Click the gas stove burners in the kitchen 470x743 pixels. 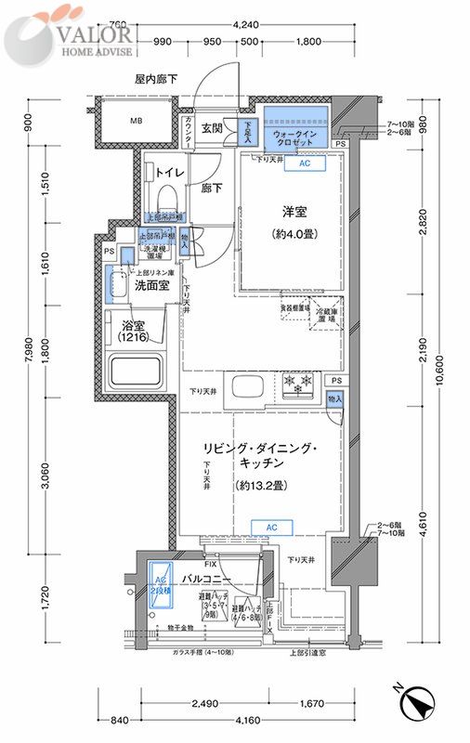point(299,382)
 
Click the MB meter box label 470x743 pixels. point(136,121)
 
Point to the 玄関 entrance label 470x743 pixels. point(212,128)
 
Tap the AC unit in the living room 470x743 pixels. point(271,528)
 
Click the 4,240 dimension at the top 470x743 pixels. point(245,25)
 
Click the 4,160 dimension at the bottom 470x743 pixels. point(245,719)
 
